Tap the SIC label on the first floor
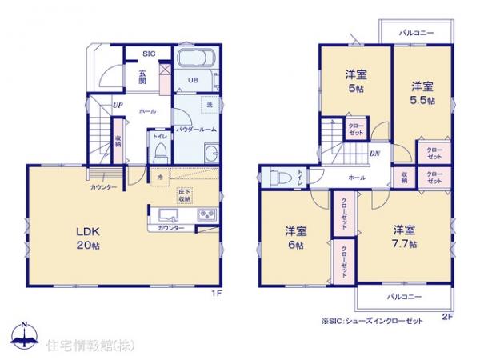click(148, 54)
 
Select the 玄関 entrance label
click(142, 75)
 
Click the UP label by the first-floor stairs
click(118, 105)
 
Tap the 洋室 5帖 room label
click(356, 83)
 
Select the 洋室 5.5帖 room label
click(422, 93)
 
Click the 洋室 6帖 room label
click(296, 238)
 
